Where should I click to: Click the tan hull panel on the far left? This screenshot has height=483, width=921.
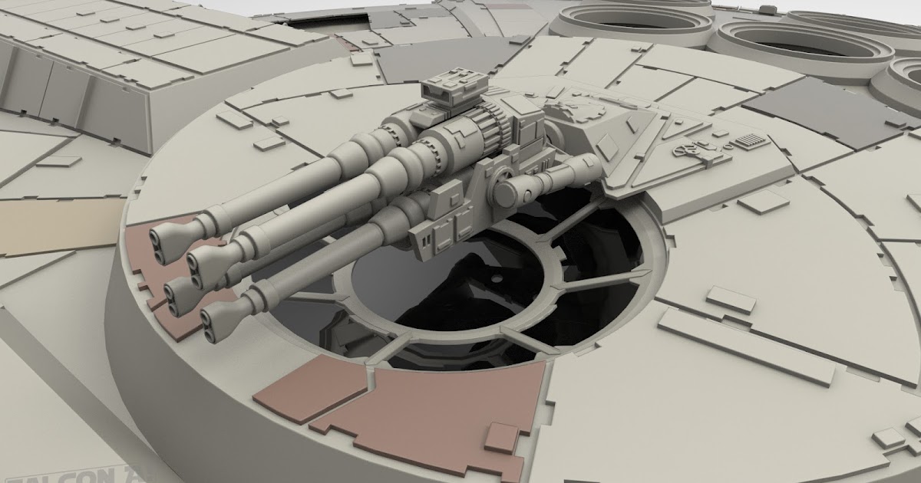pyautogui.click(x=54, y=225)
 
